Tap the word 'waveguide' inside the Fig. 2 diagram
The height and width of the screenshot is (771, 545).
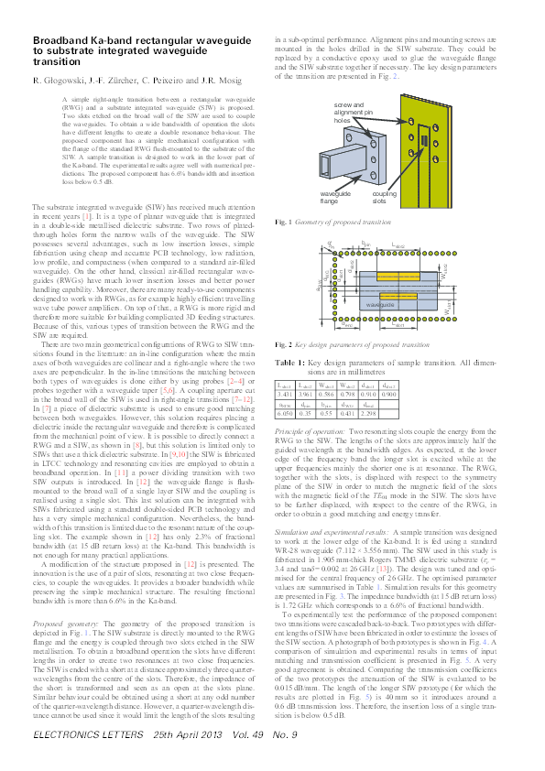381,328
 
